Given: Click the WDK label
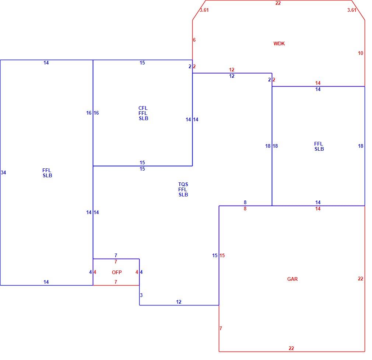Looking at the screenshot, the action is (279, 44).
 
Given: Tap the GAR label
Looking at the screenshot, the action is (292, 279).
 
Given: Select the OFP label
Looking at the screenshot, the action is (117, 272).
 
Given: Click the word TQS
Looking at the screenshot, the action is (183, 184).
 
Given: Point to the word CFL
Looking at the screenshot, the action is (143, 108).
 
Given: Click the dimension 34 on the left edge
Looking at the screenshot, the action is (3, 172).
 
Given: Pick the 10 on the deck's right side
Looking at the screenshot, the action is (361, 53).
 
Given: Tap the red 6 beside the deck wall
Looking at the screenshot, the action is (194, 40).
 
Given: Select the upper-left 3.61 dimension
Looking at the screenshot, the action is (204, 10).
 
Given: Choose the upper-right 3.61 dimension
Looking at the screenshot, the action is (352, 10).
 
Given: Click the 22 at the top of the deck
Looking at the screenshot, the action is (278, 3).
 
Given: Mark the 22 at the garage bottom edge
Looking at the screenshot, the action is (291, 348).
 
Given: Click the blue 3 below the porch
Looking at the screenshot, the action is (141, 295).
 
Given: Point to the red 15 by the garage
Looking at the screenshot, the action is (222, 255).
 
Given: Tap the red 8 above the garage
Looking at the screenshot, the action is (245, 209).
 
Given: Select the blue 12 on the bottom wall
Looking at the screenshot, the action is (179, 302).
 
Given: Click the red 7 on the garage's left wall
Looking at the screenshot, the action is (221, 328).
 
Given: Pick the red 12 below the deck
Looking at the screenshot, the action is (232, 70).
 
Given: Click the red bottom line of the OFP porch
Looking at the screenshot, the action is (116, 285).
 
